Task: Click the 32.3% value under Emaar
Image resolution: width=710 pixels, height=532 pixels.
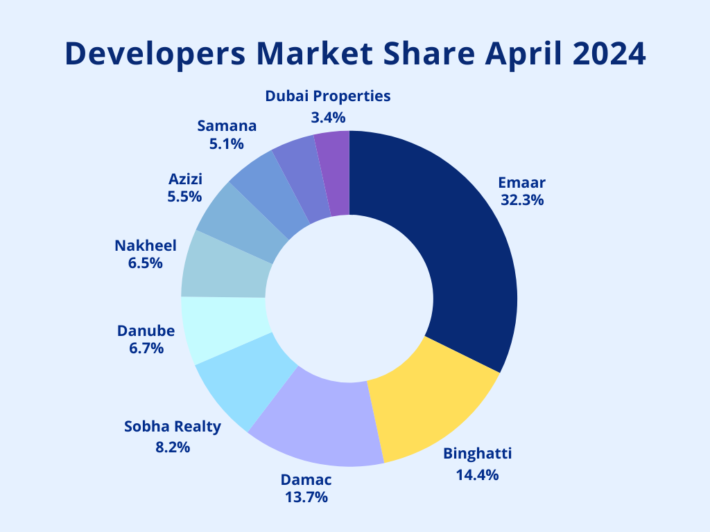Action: point(522,200)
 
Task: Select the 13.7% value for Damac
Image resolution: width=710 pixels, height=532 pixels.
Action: point(306,497)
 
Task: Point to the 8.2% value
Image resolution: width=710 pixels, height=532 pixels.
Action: point(173,447)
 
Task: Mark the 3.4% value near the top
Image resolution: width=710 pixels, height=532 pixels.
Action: point(328,117)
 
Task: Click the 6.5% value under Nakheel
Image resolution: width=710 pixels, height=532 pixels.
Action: point(146,263)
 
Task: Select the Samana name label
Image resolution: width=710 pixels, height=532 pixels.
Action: point(227,126)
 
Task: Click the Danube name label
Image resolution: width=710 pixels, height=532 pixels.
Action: point(146,331)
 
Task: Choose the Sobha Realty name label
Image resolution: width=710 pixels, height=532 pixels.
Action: point(173,426)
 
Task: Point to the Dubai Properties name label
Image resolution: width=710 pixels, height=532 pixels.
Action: point(328,96)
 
